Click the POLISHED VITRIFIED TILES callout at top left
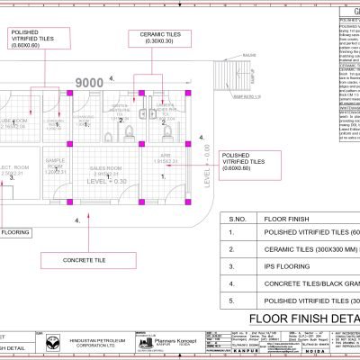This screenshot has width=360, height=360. coord(45,40)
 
